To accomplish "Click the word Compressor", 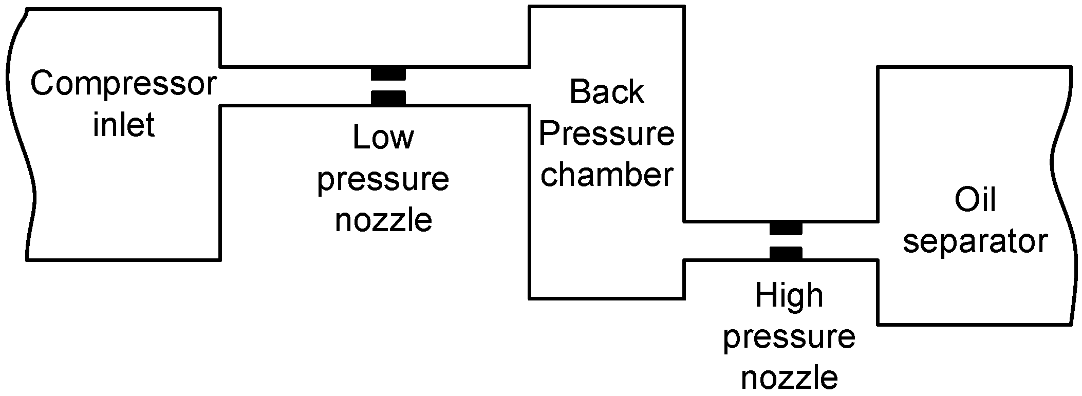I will [x=123, y=85].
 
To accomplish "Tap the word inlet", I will [x=123, y=125].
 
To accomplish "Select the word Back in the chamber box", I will [x=606, y=92].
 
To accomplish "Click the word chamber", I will [x=606, y=175].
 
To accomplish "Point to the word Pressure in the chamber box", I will [x=606, y=134].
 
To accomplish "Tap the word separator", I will [x=975, y=241].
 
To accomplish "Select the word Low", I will [x=383, y=138].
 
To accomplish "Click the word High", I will [x=789, y=296].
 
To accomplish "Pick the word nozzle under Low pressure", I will [x=383, y=221].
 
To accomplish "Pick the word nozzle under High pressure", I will [x=789, y=379].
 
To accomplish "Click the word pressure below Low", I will [x=383, y=180].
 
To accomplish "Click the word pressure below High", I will [x=789, y=338].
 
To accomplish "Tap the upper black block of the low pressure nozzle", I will [x=388, y=74].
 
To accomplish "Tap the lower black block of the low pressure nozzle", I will [x=388, y=98].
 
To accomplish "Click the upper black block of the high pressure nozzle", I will [x=786, y=228].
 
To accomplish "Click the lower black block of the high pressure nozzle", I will [x=786, y=253].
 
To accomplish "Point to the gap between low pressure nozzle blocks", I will [x=388, y=86].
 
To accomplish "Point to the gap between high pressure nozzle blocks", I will [x=786, y=241].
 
